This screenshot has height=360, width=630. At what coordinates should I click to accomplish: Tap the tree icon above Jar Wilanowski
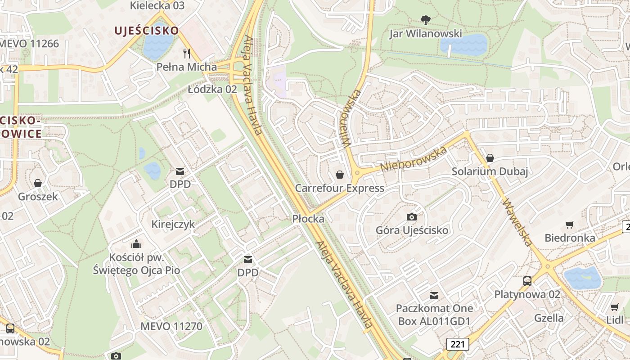tap(425, 20)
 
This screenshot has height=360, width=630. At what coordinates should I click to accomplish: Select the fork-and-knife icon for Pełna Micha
tap(187, 54)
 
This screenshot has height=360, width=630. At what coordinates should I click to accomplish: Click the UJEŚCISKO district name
tap(147, 31)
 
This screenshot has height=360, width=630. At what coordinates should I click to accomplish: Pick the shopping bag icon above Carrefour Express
tap(339, 174)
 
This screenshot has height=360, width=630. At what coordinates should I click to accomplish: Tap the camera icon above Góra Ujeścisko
tap(412, 217)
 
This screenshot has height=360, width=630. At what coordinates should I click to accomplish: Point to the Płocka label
tap(308, 219)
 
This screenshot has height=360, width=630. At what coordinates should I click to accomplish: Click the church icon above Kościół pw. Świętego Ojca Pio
tap(136, 244)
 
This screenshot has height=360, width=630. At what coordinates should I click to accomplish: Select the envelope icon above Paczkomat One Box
tap(434, 295)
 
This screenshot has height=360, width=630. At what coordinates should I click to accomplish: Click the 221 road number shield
tap(458, 344)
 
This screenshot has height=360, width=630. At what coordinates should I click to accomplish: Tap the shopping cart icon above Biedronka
tap(570, 225)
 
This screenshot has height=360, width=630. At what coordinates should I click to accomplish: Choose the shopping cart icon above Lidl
tap(615, 307)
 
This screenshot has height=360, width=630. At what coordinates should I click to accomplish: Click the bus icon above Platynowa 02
tap(527, 281)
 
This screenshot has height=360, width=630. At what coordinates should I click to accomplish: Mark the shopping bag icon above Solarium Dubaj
tap(490, 158)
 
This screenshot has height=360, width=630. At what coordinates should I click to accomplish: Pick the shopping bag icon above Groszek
tap(38, 183)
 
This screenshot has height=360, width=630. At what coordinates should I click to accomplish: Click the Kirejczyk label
tap(173, 224)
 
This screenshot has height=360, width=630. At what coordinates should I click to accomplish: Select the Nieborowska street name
tap(414, 158)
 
